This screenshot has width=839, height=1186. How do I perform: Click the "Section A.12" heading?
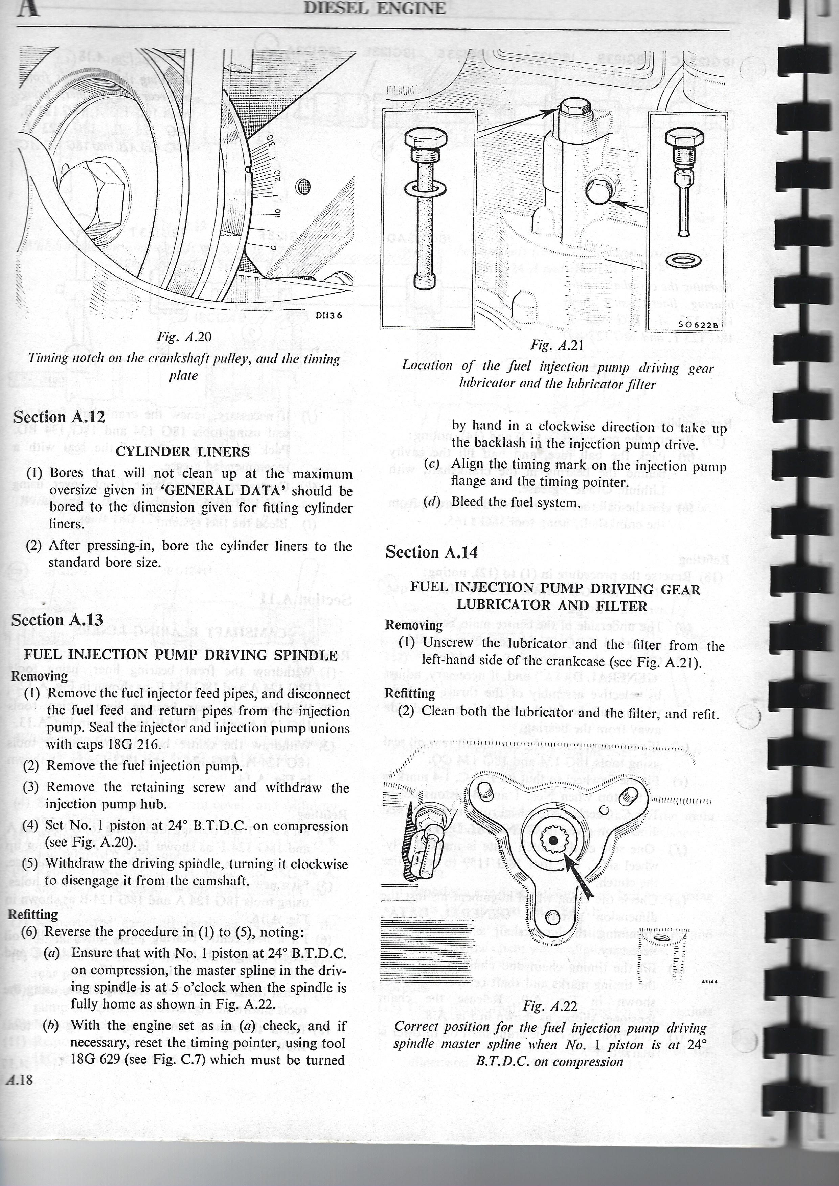point(59,417)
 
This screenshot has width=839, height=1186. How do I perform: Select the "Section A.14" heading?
point(431,552)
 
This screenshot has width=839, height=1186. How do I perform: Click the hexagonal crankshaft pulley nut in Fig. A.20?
point(96,199)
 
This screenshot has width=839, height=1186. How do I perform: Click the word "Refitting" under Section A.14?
point(410,693)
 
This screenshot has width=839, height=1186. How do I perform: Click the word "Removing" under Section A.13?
point(39,676)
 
